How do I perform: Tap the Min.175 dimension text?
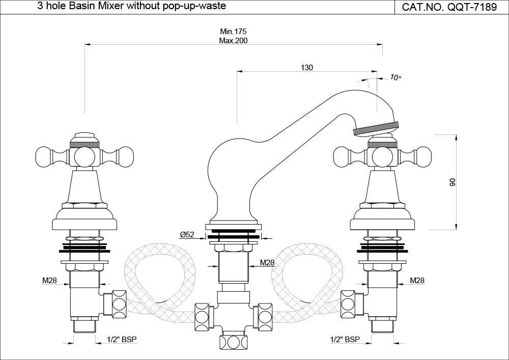pyautogui.click(x=234, y=32)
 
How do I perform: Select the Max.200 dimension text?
pyautogui.click(x=234, y=41)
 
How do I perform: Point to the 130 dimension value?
pyautogui.click(x=307, y=68)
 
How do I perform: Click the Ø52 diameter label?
pyautogui.click(x=187, y=235)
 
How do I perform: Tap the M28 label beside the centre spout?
pyautogui.click(x=268, y=263)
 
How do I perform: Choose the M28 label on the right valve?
pyautogui.click(x=417, y=280)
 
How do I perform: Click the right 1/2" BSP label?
pyautogui.click(x=345, y=339)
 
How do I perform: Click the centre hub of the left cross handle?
pyautogui.click(x=83, y=155)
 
